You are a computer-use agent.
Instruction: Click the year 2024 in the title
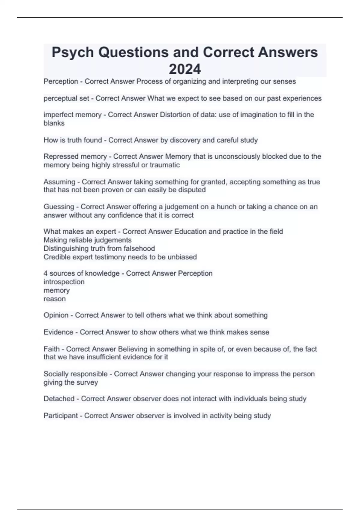point(185,69)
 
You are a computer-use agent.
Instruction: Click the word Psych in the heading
point(73,52)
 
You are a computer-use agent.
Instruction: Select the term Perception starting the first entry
point(61,81)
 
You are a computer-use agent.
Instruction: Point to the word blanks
point(54,123)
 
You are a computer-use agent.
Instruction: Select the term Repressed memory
point(75,157)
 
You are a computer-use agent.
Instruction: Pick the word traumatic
point(165,165)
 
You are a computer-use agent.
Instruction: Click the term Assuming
point(59,182)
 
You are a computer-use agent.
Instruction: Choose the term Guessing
point(59,207)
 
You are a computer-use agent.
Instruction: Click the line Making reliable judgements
point(88,240)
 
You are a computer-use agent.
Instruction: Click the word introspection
point(64,282)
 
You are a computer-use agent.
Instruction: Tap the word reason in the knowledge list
point(55,299)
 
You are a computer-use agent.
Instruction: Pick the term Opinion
point(56,315)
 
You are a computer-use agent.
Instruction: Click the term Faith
point(52,349)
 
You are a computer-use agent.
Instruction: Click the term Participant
point(61,416)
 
